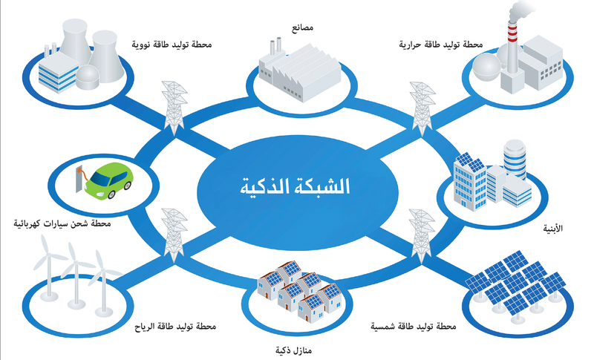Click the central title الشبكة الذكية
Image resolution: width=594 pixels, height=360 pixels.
295,186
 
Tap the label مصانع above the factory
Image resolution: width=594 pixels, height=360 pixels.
303,28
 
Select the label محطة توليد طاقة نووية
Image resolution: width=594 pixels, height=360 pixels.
172,45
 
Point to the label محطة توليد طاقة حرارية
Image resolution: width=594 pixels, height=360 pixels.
441,45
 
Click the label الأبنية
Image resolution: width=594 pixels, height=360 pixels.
553,229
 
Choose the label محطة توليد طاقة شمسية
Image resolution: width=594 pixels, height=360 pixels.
414,326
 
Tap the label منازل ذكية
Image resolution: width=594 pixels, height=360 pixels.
293,350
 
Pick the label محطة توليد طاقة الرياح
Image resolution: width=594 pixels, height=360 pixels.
175,327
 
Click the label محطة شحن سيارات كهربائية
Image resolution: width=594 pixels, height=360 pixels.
62,223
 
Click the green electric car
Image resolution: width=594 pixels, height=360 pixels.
109,180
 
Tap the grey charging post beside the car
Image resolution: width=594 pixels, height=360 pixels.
79,179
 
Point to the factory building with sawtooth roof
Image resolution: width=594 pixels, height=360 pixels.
300,72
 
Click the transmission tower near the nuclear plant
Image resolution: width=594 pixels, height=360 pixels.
174,108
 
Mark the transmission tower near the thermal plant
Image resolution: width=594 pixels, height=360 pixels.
422,108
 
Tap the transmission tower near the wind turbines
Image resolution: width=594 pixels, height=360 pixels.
174,235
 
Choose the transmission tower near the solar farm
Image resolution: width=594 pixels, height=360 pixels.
422,236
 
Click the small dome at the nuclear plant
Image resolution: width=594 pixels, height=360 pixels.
88,77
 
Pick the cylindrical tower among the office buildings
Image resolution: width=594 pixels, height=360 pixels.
515,159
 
